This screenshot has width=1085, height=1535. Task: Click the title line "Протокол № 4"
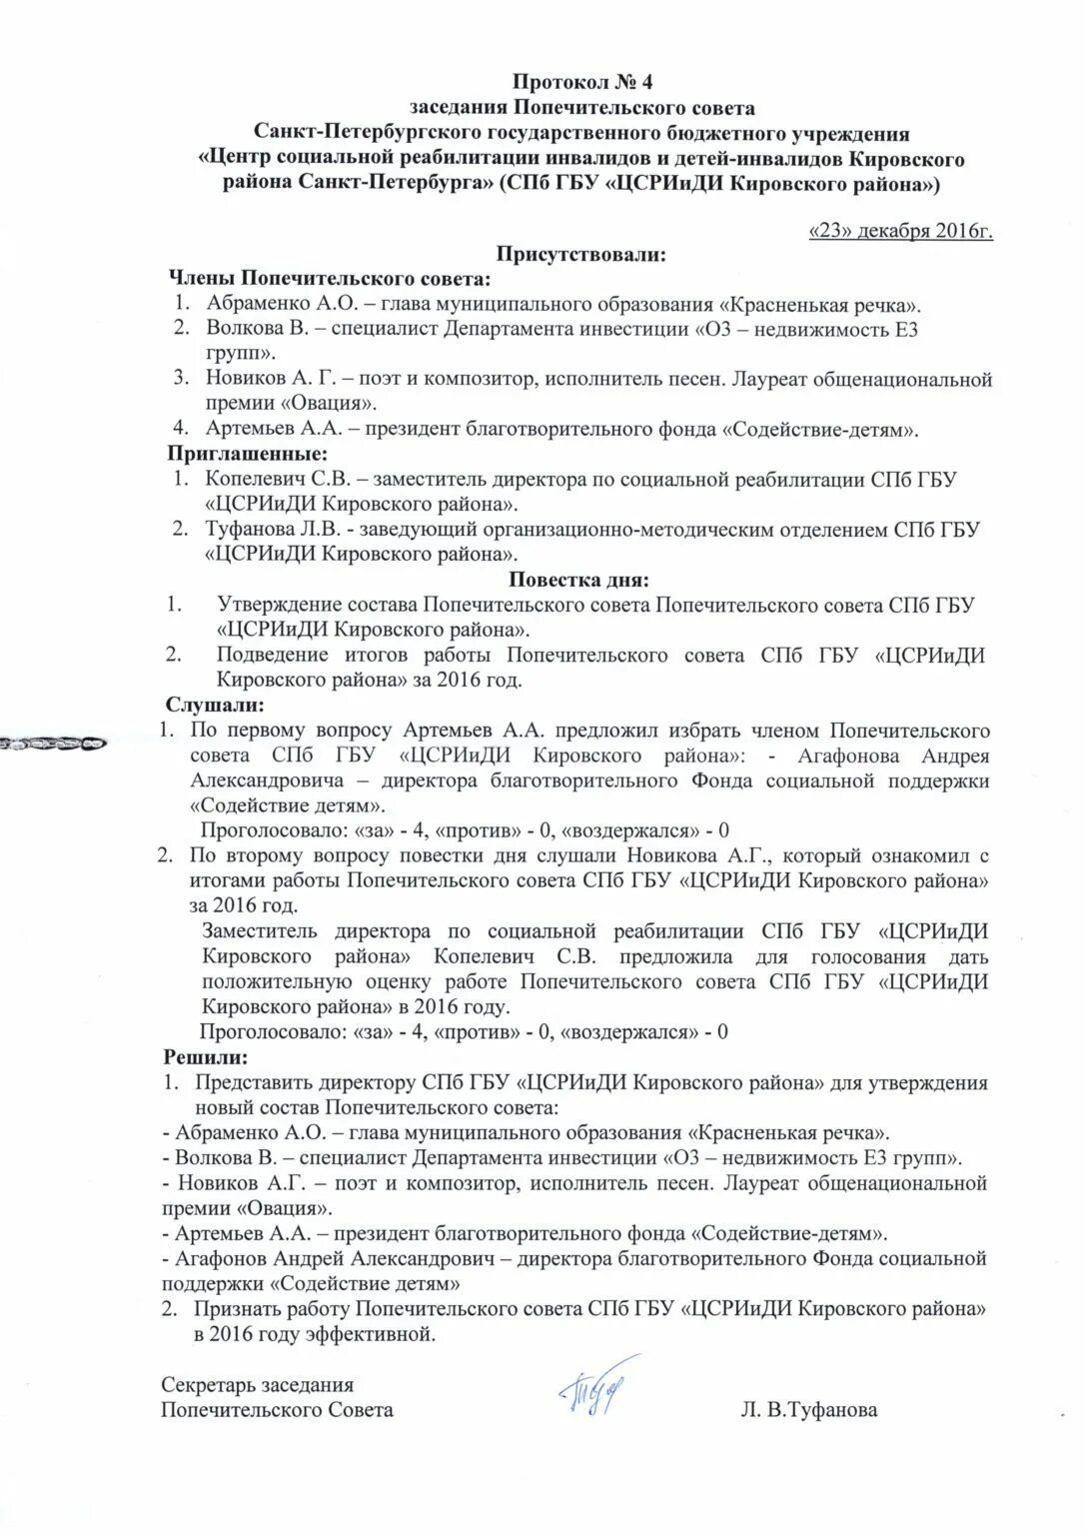click(x=574, y=81)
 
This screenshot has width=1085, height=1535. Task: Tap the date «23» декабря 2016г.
click(x=899, y=232)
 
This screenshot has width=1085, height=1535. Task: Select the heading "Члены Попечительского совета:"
click(x=329, y=278)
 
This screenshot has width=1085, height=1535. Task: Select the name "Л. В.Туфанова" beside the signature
click(x=809, y=1410)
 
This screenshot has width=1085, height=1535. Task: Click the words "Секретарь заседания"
click(x=258, y=1385)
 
